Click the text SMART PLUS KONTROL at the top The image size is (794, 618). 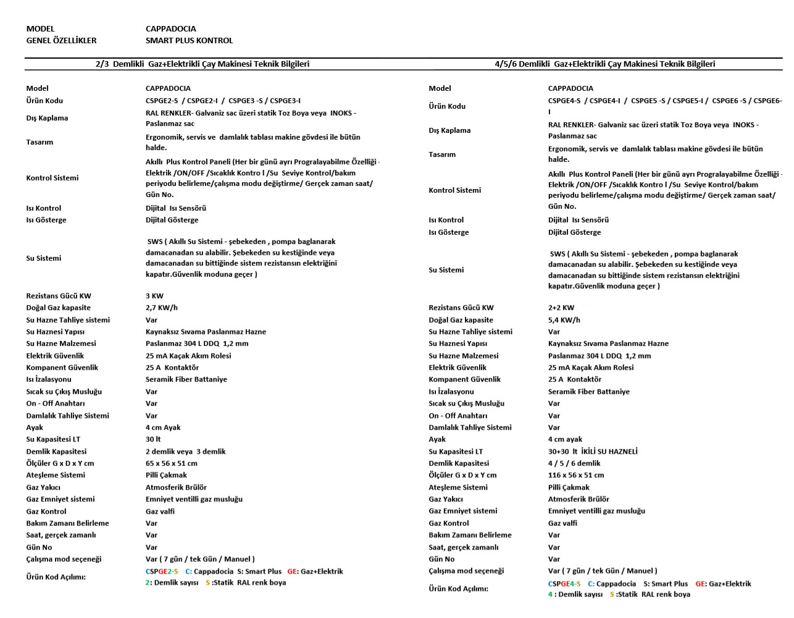(x=189, y=41)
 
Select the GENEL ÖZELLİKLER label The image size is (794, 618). (x=61, y=41)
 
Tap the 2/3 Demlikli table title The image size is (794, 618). (x=203, y=64)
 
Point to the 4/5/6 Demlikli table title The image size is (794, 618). (x=604, y=64)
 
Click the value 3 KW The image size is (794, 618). (x=154, y=296)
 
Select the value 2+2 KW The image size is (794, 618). (x=561, y=308)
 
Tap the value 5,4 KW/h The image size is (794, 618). (x=564, y=320)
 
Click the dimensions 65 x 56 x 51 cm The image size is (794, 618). (x=171, y=463)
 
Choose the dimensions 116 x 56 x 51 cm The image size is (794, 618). (x=575, y=475)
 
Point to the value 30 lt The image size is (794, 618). (x=153, y=439)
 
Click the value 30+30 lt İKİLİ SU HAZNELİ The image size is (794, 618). (x=593, y=452)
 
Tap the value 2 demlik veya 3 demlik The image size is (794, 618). (x=185, y=452)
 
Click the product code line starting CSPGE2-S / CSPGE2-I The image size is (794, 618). (x=223, y=101)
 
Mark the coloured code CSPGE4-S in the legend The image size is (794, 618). (x=564, y=584)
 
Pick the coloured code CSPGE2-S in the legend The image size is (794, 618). (x=161, y=572)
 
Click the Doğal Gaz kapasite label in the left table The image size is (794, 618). (x=58, y=308)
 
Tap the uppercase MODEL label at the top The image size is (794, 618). (x=40, y=29)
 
